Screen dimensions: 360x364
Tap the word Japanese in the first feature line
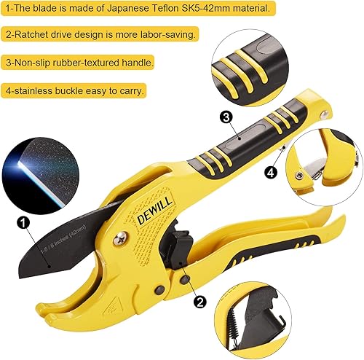(x=118, y=9)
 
